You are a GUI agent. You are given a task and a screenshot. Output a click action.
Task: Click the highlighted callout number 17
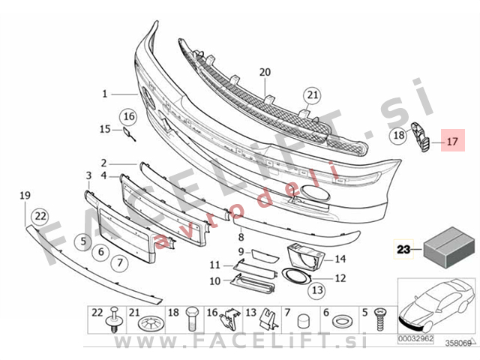[451, 140]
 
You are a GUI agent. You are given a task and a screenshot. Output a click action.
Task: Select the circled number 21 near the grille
[312, 95]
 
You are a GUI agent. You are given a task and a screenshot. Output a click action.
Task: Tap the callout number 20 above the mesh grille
[264, 73]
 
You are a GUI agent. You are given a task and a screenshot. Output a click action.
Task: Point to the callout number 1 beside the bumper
[106, 94]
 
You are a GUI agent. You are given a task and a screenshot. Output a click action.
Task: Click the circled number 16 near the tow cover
[128, 116]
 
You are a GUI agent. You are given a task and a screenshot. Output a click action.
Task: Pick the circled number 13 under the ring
[316, 289]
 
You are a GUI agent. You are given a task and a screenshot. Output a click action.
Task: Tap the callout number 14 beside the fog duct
[340, 259]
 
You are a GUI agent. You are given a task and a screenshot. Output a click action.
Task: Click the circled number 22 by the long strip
[40, 217]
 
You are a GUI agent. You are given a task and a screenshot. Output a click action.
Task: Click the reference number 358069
[458, 343]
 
